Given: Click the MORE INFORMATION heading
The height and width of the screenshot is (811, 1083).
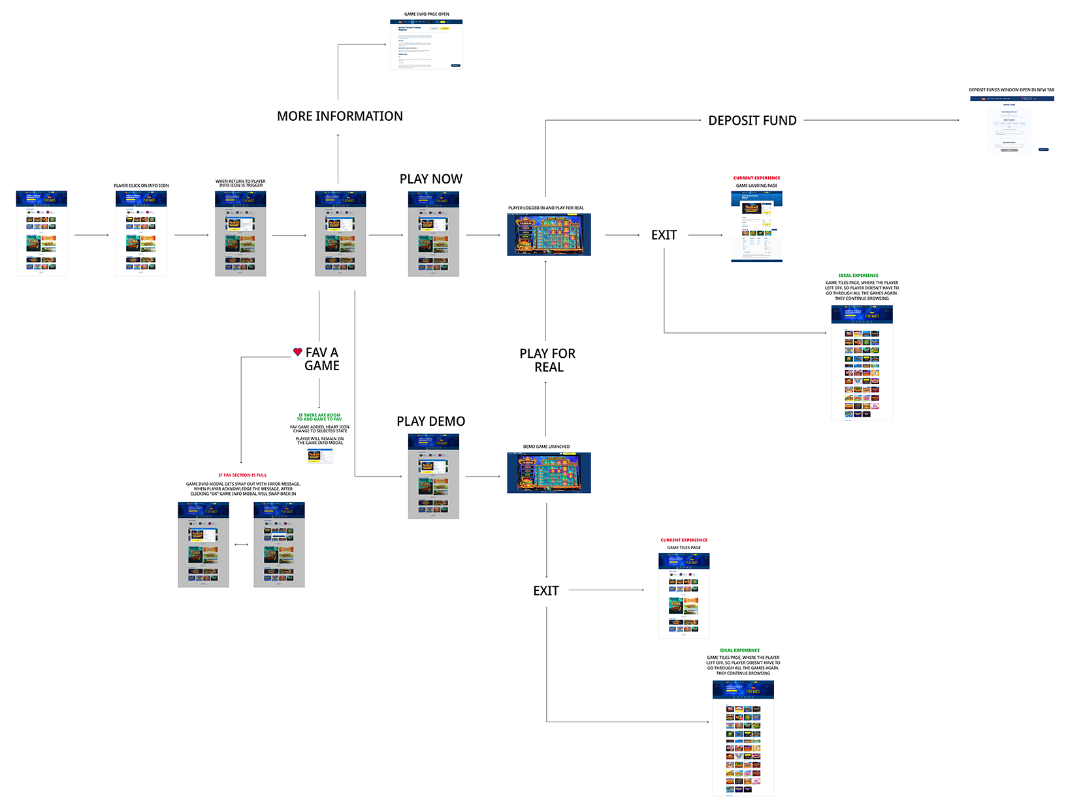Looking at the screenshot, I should pyautogui.click(x=340, y=116).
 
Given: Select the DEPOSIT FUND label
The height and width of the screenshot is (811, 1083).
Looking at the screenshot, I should pyautogui.click(x=752, y=121).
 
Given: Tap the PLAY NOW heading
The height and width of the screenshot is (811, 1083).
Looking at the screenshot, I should pyautogui.click(x=430, y=179).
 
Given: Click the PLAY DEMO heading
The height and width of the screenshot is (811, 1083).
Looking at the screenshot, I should pyautogui.click(x=430, y=422).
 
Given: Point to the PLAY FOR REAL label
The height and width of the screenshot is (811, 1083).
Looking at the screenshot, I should pyautogui.click(x=547, y=360).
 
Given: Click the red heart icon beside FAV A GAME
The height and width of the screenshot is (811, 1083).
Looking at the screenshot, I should pyautogui.click(x=298, y=352).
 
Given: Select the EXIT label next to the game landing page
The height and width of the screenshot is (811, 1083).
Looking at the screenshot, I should pyautogui.click(x=664, y=235).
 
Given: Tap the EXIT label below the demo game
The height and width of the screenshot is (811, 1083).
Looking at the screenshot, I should pyautogui.click(x=546, y=591).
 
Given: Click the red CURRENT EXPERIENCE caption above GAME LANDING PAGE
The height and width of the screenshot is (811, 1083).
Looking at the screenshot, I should pyautogui.click(x=756, y=178).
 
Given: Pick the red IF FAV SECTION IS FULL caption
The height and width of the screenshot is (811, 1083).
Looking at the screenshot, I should pyautogui.click(x=242, y=475).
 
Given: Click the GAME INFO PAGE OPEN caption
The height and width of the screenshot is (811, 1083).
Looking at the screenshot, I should pyautogui.click(x=427, y=14).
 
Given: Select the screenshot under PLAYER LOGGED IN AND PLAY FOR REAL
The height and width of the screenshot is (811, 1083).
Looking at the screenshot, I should pyautogui.click(x=549, y=234).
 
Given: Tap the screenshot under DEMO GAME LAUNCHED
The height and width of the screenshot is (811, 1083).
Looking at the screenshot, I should pyautogui.click(x=549, y=473).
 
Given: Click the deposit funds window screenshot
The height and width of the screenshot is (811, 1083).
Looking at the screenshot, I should pyautogui.click(x=1012, y=125).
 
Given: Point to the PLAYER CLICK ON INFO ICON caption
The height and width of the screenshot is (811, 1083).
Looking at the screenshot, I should pyautogui.click(x=141, y=186).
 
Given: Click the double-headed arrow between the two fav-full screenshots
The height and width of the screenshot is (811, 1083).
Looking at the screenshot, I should pyautogui.click(x=241, y=545).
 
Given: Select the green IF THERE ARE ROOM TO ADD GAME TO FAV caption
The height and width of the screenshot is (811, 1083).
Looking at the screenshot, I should pyautogui.click(x=319, y=417).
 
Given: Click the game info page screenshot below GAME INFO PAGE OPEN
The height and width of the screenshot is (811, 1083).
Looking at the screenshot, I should pyautogui.click(x=426, y=44).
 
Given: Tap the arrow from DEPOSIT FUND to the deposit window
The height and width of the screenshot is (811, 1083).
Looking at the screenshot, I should pyautogui.click(x=882, y=120).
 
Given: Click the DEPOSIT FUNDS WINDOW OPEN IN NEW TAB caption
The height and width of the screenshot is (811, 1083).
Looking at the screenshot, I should pyautogui.click(x=1011, y=90).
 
